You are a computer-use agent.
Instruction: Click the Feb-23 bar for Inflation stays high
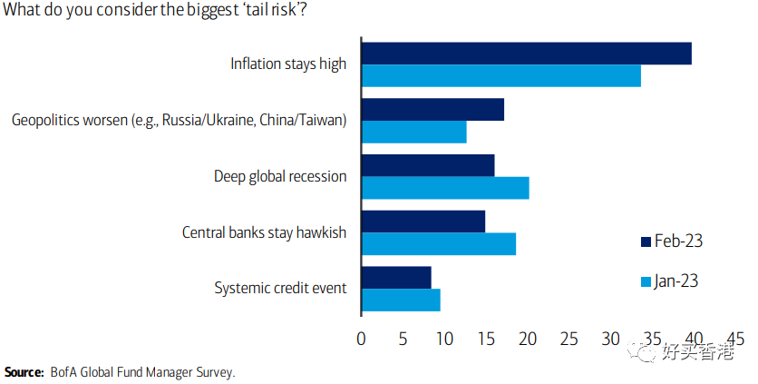(x=526, y=54)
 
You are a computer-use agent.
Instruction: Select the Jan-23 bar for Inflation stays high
(x=500, y=76)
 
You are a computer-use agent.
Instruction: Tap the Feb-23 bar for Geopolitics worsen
(x=432, y=110)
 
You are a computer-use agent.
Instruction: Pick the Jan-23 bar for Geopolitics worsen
(x=413, y=133)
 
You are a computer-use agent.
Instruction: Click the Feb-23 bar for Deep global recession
(x=428, y=165)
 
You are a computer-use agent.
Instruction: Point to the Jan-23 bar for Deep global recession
(x=444, y=188)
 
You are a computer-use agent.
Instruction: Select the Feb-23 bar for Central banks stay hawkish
(x=423, y=222)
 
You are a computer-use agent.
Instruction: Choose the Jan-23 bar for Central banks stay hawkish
(x=438, y=244)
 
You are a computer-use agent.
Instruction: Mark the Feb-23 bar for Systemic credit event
(x=396, y=278)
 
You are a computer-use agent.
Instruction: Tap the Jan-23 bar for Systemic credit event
(x=401, y=300)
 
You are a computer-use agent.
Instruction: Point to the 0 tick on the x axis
(x=362, y=339)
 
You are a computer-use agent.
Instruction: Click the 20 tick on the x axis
(x=528, y=339)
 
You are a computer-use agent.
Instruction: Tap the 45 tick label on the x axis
(x=734, y=339)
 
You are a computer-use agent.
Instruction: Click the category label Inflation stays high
(x=288, y=64)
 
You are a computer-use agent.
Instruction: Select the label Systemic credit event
(x=280, y=289)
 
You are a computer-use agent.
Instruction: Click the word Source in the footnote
(x=24, y=372)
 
